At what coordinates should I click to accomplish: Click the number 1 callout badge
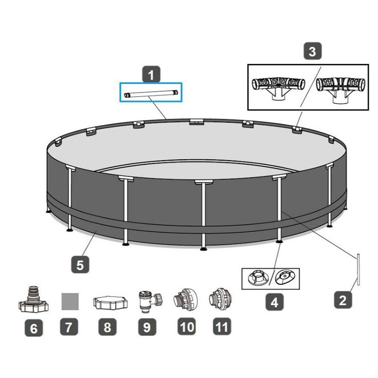click(151, 74)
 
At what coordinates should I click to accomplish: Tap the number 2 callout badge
click(343, 300)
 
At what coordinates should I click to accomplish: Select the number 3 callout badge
click(312, 51)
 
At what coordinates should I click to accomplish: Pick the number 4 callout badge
click(275, 302)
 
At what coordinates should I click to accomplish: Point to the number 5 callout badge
click(80, 265)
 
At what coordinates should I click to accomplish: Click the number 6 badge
click(34, 328)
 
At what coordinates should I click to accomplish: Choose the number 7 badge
click(69, 326)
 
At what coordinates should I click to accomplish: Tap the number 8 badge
click(107, 327)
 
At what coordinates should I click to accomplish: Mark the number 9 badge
click(147, 327)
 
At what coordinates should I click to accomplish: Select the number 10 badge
click(187, 326)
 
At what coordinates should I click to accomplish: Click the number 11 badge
click(222, 326)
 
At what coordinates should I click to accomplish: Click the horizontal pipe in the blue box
click(151, 94)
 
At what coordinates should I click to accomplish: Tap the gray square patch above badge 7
click(70, 301)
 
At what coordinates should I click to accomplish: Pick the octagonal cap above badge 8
click(111, 302)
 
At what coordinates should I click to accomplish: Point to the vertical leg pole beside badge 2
click(359, 270)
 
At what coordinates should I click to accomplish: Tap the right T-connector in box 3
click(340, 90)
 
